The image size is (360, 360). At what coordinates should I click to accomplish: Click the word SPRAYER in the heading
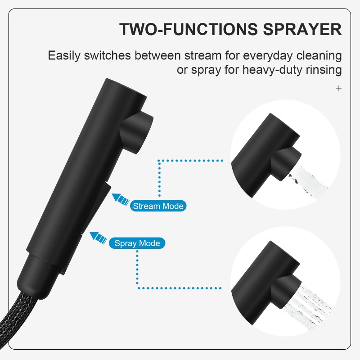302,29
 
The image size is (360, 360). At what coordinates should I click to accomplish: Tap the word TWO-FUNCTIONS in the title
189,29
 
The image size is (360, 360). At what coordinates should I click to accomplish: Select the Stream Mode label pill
158,206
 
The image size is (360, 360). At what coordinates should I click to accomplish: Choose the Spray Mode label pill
137,243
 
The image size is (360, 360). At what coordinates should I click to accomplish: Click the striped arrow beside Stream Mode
121,199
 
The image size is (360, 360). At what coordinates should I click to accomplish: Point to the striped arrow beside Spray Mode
98,238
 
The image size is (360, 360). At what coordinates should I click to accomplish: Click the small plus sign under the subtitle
339,88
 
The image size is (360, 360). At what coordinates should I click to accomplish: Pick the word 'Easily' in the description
64,56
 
